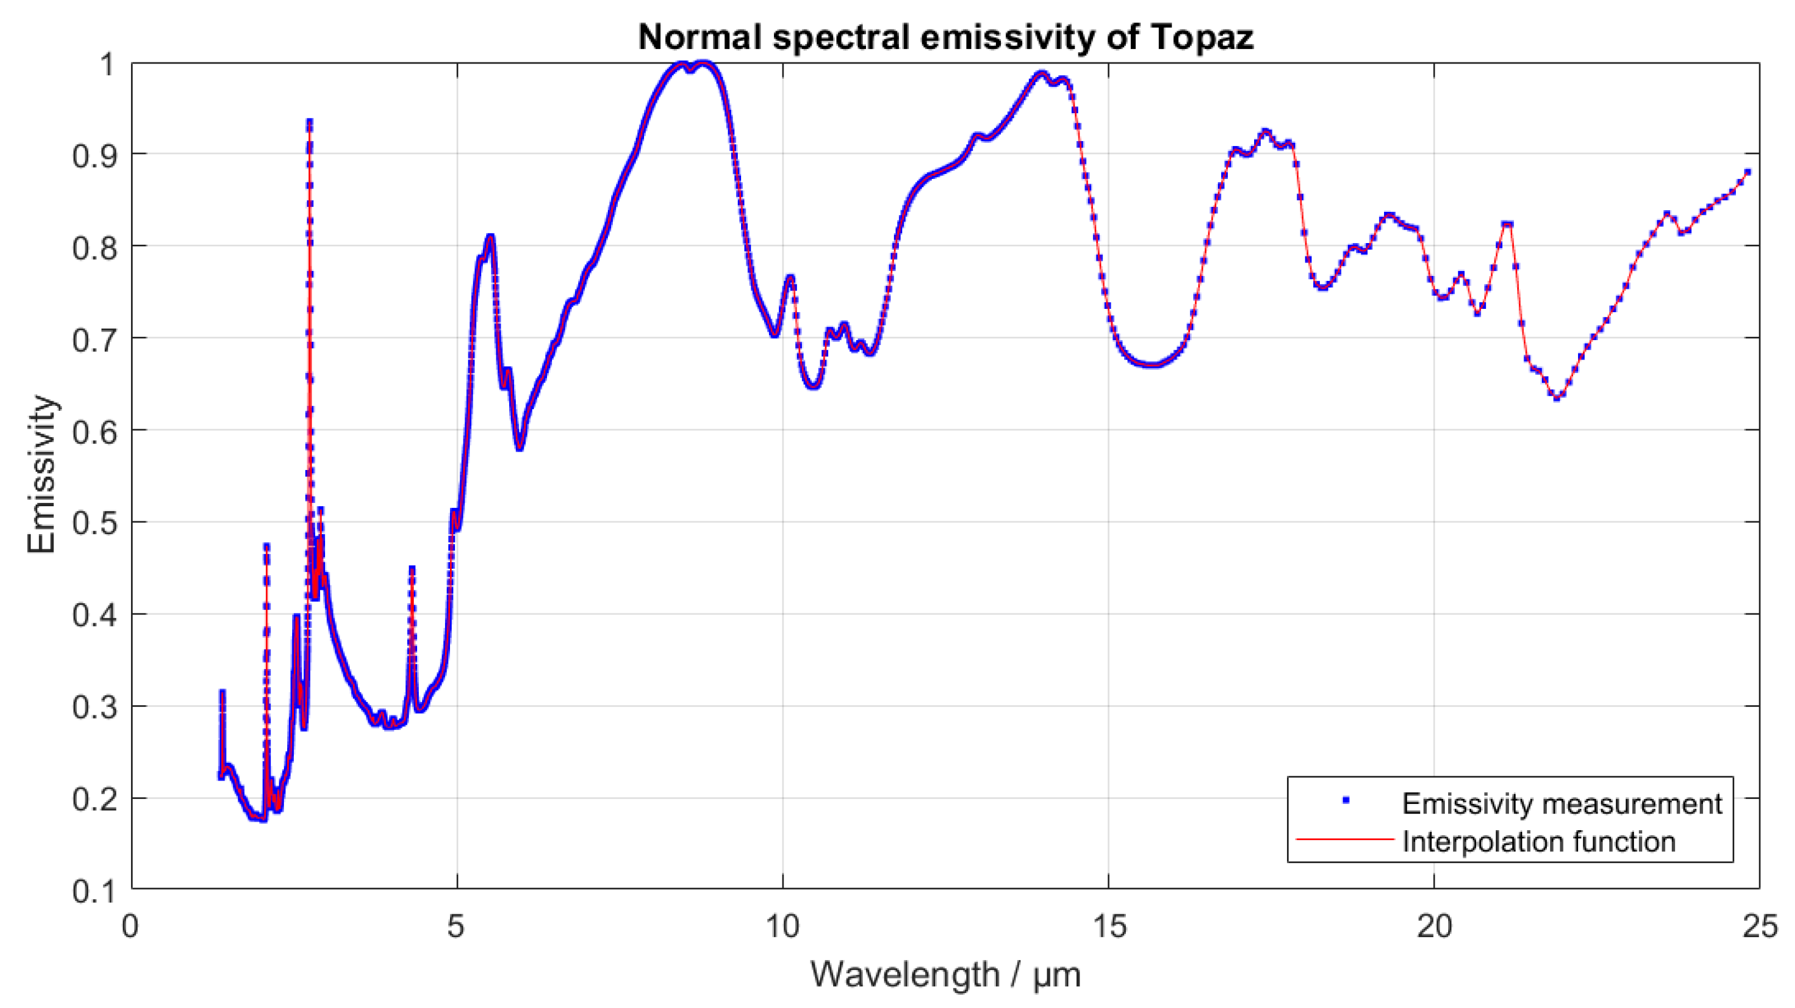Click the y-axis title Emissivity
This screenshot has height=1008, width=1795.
tap(42, 475)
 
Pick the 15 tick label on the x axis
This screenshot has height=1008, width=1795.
tap(1109, 927)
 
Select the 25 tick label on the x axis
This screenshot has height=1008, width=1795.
tap(1759, 927)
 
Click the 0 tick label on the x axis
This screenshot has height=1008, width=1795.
tap(131, 927)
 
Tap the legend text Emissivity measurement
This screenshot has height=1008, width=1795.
tap(1561, 804)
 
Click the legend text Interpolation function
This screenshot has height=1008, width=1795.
tap(1538, 841)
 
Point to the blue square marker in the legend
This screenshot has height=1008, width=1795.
tap(1346, 801)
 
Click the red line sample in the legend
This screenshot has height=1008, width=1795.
tap(1344, 840)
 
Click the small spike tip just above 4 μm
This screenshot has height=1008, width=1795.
tap(412, 570)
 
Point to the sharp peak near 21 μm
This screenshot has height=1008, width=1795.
tap(1508, 224)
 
